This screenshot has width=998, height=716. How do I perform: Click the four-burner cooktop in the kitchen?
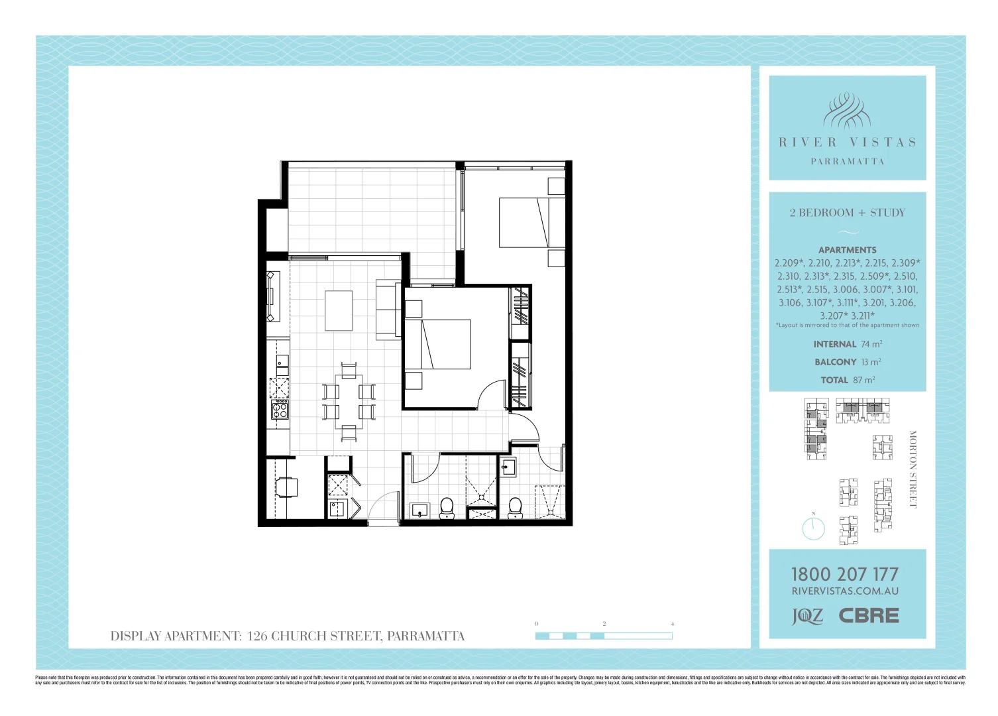click(280, 409)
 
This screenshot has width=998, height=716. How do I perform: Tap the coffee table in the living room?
click(339, 310)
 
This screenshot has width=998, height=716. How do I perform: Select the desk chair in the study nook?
click(287, 487)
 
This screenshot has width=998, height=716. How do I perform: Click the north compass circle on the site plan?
click(813, 528)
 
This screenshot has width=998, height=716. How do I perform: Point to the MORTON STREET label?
click(913, 469)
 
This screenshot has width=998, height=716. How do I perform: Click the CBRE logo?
click(869, 616)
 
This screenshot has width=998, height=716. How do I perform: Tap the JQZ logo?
click(808, 617)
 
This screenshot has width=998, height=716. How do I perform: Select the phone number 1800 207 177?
click(845, 574)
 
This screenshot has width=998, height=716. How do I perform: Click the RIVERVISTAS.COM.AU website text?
click(845, 591)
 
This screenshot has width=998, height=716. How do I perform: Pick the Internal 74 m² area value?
click(848, 344)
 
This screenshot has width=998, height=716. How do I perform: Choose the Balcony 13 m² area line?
click(848, 362)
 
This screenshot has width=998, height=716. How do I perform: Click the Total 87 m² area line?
click(848, 380)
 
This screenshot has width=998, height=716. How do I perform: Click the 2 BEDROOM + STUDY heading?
click(847, 213)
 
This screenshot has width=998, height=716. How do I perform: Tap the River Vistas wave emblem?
click(847, 111)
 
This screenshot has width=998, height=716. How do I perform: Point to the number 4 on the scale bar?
click(673, 624)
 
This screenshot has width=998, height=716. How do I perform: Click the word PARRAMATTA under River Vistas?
click(848, 161)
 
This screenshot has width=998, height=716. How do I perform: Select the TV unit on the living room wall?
click(270, 296)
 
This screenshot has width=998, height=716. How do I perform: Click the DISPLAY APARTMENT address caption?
click(288, 636)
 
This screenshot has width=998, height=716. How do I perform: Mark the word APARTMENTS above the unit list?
click(847, 250)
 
